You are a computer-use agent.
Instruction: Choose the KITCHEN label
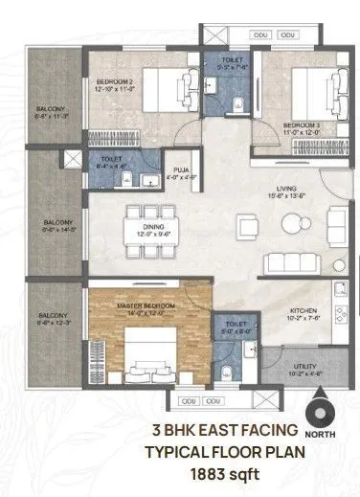(x=304, y=311)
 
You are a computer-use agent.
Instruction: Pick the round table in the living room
(x=290, y=226)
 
